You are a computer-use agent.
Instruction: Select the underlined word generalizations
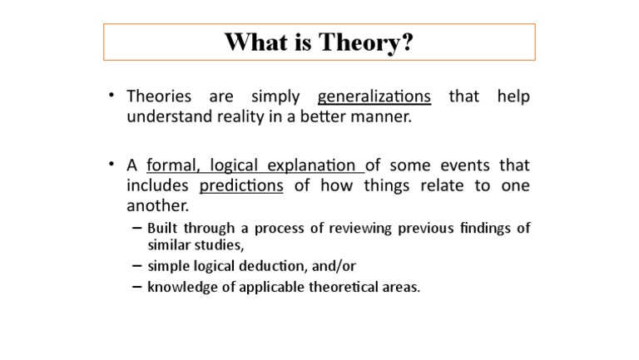(x=374, y=96)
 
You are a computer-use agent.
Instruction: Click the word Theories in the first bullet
(x=159, y=96)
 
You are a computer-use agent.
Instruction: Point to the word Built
(x=163, y=228)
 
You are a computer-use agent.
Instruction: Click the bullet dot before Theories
(x=111, y=96)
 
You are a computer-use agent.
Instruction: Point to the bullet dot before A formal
(x=111, y=164)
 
